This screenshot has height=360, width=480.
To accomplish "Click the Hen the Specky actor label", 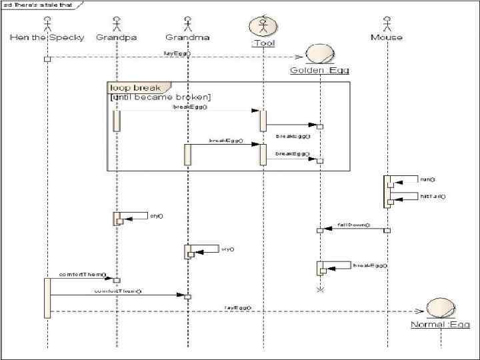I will pos(47,37).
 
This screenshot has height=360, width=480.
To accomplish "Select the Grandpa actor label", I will pos(117,37).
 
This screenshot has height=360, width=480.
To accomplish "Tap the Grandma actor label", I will pos(187,37).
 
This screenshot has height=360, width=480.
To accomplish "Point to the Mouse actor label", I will pos(387,37).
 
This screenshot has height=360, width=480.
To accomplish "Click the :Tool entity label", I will pos(263,44).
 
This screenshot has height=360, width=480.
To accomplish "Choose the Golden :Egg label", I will pos(319,70).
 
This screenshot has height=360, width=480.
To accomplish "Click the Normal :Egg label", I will pos(440,325).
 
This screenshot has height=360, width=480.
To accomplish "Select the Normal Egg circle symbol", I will pos(440,309).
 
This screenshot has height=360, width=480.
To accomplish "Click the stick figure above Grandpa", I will pos(117,25).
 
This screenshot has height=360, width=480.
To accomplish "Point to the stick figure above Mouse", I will pos(387,25).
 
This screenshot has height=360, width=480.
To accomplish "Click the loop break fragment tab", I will pos(135,87).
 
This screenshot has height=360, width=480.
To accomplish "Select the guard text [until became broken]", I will pos(160,97).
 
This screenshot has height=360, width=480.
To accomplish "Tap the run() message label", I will pos(427,179).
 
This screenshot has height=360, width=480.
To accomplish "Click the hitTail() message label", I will pos(433,197).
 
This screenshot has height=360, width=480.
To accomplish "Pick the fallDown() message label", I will pos(353,225).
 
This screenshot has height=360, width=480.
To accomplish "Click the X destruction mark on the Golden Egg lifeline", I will pos(320,290).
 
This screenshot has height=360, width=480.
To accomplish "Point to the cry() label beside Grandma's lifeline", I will pos(227,249).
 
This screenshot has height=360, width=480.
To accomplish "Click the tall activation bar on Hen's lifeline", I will pos(47,298).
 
